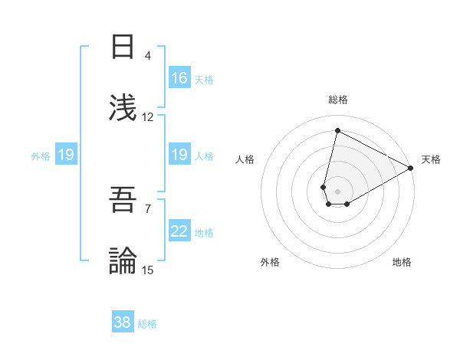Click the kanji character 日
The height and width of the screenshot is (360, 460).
tap(123, 47)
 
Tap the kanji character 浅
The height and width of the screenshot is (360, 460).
tap(123, 108)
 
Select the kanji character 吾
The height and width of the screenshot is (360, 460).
tap(123, 201)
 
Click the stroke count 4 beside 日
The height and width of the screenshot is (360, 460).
tap(147, 56)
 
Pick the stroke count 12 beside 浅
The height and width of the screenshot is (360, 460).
tap(148, 116)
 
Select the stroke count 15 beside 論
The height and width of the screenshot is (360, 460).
tap(148, 270)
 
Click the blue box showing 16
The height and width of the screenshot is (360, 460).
tap(179, 78)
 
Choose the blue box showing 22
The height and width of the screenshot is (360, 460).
tap(179, 231)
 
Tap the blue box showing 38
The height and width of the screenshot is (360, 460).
tap(123, 322)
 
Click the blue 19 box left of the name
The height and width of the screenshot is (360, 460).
tap(66, 155)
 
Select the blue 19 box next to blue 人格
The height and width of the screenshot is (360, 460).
tap(179, 155)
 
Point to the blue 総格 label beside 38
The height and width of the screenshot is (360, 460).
tap(147, 324)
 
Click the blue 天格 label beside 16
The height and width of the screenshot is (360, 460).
tap(204, 80)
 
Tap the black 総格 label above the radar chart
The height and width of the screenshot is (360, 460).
tap(338, 100)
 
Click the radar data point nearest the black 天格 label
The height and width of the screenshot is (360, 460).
tap(411, 169)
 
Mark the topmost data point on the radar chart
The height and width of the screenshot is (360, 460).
tap(337, 131)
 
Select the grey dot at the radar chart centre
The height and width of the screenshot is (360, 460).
tap(337, 181)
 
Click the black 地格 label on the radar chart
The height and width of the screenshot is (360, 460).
tap(402, 262)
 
